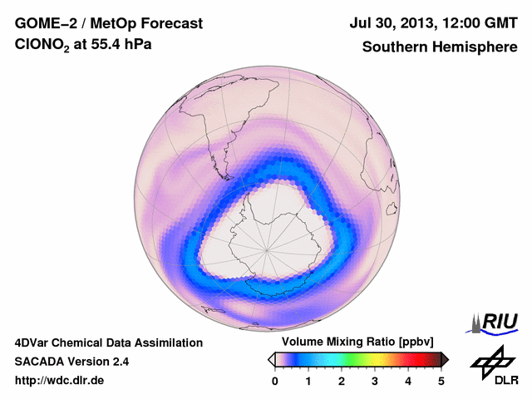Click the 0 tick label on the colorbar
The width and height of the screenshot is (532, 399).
275,381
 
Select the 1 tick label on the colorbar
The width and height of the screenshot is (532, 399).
308,381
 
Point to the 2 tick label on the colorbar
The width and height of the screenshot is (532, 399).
342,381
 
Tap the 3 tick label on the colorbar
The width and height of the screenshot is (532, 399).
375,381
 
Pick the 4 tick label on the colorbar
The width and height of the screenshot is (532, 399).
408,381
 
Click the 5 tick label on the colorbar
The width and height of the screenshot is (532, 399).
441,381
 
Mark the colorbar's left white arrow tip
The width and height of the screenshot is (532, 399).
269,359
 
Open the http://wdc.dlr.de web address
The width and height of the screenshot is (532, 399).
60,381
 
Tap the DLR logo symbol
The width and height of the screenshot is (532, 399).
490,362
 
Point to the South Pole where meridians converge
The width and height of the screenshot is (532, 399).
267,248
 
